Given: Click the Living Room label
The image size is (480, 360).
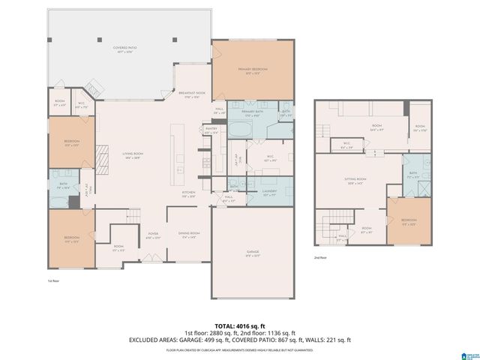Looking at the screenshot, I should (133, 154).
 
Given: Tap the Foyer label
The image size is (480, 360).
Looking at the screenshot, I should (153, 235).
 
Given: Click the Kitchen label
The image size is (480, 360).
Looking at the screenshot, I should (188, 193).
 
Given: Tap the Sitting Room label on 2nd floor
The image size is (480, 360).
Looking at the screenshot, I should (356, 180).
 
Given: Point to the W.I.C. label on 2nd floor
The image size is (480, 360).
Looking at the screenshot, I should (347, 145).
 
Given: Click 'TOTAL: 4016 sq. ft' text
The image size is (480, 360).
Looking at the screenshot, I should (240, 325).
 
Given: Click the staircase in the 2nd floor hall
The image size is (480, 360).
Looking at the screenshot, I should (327, 224).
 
